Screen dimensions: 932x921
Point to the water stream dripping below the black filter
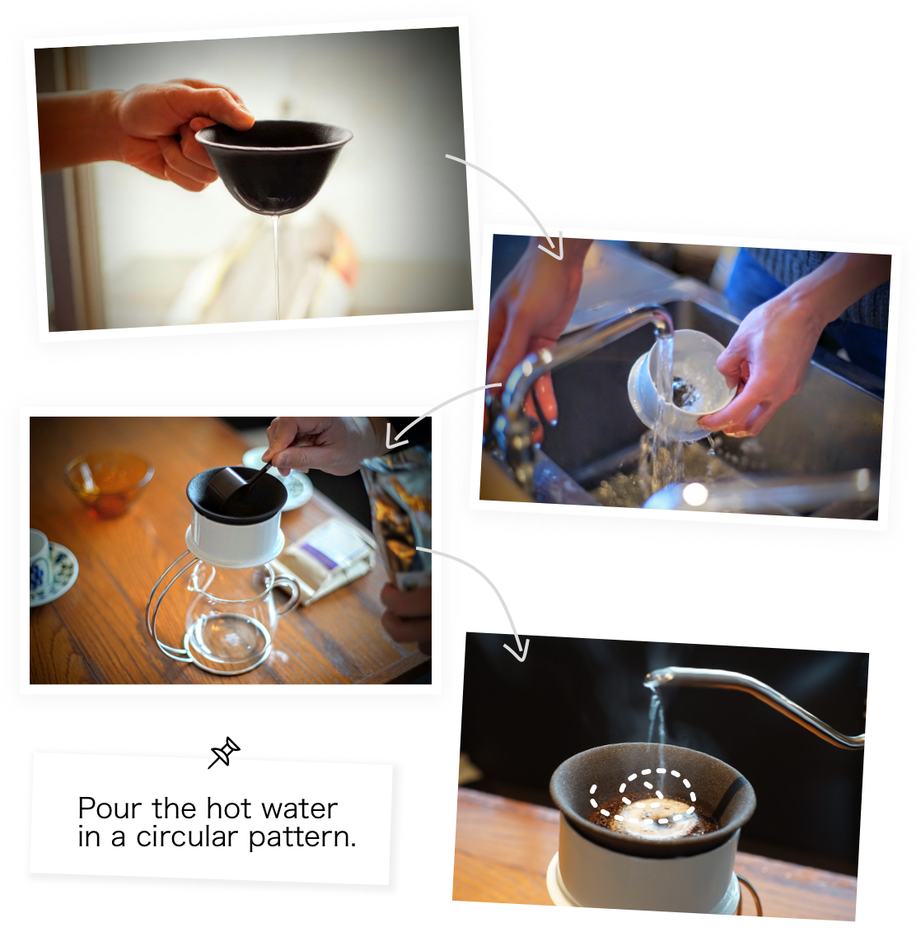276,263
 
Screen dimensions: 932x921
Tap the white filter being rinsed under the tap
679,384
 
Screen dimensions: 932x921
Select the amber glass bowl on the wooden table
109,482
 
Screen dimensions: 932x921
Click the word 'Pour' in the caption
111,809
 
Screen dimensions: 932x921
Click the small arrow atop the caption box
219,758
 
